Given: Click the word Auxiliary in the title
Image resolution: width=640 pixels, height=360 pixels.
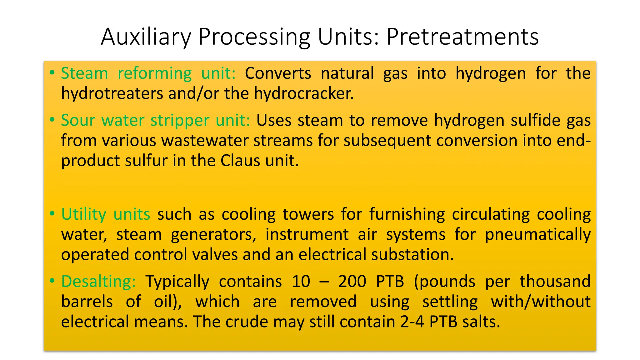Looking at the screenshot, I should tap(146, 37).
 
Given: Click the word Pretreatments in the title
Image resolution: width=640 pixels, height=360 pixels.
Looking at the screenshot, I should tap(462, 37).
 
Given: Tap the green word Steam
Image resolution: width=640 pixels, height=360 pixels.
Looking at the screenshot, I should tap(84, 73).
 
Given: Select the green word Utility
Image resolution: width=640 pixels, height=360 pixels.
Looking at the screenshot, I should tap(84, 215).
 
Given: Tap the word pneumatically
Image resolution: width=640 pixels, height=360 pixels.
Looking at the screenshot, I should tap(537, 235).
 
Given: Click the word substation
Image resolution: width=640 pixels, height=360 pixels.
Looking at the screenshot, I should tap(412, 255).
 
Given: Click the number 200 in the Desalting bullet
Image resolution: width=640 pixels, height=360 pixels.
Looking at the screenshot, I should tap(352, 281).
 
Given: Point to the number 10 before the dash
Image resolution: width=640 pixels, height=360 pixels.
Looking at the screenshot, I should tap(301, 281).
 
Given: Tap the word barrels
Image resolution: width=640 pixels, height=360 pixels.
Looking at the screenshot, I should tap(87, 302).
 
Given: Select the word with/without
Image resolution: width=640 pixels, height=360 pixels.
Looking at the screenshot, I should tap(540, 302).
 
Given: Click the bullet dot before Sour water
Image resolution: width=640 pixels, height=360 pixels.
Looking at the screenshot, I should tap(52, 119).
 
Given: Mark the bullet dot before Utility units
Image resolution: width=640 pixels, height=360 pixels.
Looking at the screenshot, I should tap(52, 214).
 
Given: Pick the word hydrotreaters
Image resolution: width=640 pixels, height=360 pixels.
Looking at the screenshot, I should tap(112, 93).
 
